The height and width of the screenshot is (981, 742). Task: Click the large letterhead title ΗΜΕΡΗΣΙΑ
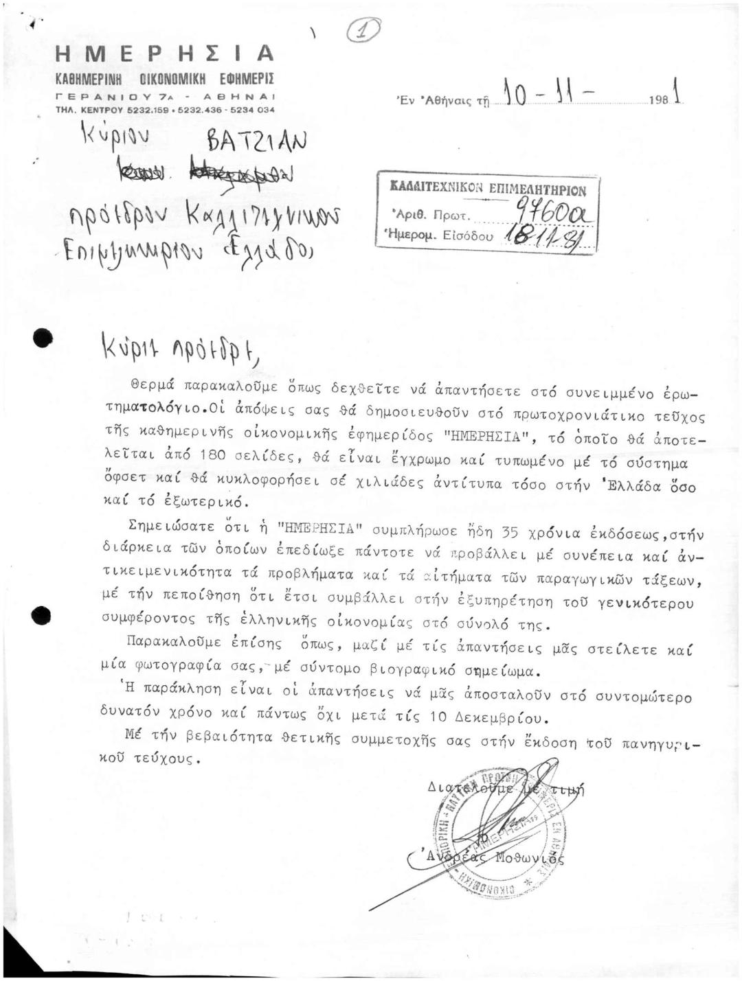pyautogui.click(x=165, y=53)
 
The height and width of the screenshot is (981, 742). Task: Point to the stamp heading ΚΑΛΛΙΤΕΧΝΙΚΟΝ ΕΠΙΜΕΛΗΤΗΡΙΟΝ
pyautogui.click(x=488, y=189)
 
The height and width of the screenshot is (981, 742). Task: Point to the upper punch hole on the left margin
pyautogui.click(x=43, y=337)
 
